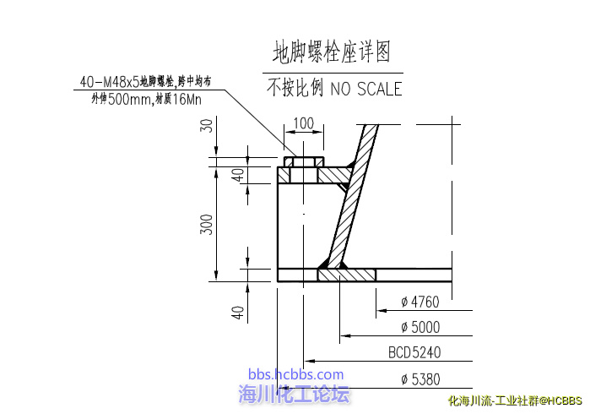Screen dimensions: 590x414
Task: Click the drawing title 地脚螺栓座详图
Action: (x=332, y=52)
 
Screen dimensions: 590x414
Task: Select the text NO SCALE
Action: (x=366, y=90)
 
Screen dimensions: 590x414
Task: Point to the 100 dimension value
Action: (x=304, y=123)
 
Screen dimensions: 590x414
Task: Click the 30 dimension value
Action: (x=206, y=125)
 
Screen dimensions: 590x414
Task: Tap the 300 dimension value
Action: (x=206, y=225)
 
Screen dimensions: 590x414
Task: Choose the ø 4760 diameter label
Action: (x=420, y=302)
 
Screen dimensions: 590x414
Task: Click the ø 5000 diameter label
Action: (x=420, y=327)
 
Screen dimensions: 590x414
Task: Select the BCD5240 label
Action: (x=414, y=352)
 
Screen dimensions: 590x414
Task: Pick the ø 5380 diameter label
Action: (x=420, y=379)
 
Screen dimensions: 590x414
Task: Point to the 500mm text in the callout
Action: (x=129, y=100)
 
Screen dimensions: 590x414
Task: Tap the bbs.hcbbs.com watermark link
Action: (x=295, y=374)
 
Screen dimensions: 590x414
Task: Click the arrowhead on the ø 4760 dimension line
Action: (x=382, y=310)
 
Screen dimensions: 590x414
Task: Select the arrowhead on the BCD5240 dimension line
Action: (x=309, y=361)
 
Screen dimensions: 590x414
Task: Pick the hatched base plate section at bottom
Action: (x=347, y=275)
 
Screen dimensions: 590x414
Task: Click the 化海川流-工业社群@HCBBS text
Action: (x=515, y=400)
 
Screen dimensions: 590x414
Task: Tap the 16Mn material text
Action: (x=187, y=100)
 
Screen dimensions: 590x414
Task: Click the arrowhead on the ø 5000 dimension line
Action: (x=345, y=335)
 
